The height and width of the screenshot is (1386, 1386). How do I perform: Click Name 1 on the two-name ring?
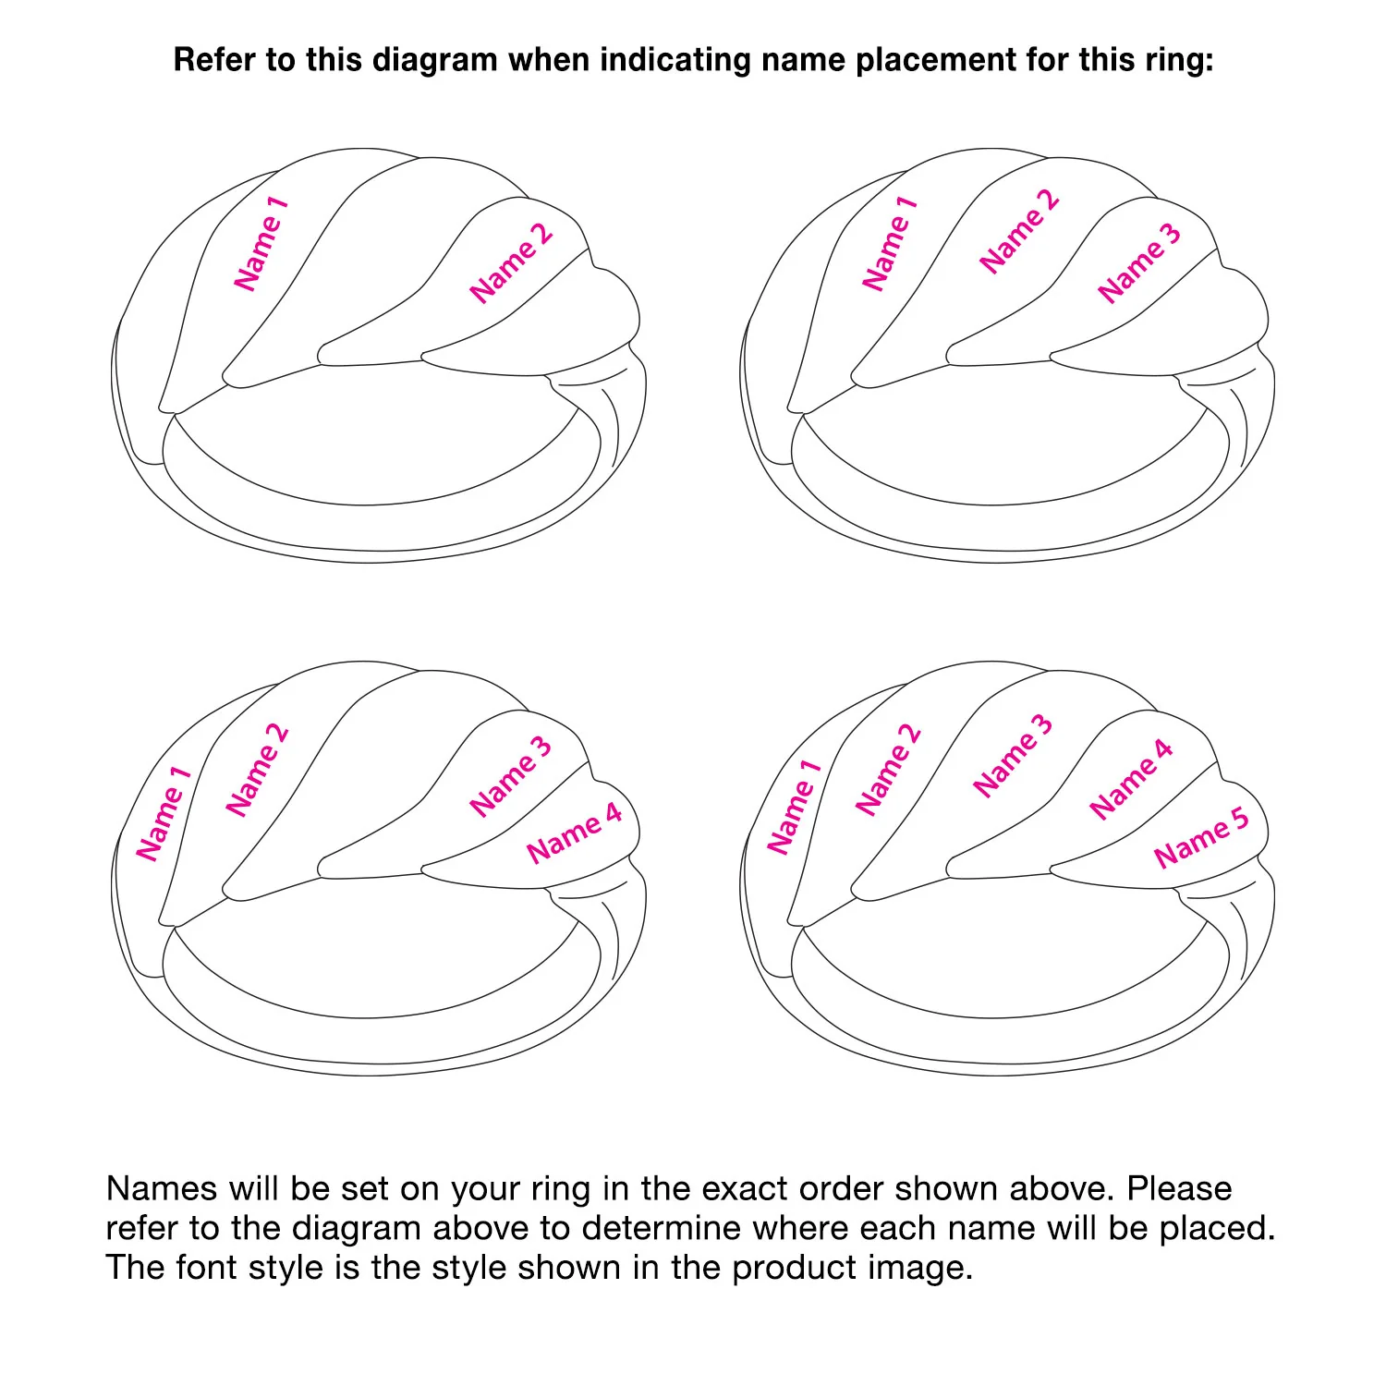tap(261, 243)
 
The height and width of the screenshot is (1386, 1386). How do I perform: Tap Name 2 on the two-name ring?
tap(511, 262)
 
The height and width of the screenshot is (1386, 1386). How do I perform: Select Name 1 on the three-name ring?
tap(890, 243)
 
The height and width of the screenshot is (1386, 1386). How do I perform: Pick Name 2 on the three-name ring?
tap(1019, 231)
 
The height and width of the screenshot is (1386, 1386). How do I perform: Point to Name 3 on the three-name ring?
tap(1139, 263)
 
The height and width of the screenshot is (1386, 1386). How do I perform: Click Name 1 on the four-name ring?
tap(164, 813)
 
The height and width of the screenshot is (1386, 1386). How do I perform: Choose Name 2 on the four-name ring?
tap(258, 771)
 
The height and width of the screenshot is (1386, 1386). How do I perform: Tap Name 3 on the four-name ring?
tap(511, 776)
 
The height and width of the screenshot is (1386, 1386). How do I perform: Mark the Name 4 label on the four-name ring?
tap(575, 833)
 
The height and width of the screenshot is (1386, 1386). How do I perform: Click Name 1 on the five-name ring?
tap(794, 807)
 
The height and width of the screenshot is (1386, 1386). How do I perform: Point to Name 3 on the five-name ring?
tap(1013, 756)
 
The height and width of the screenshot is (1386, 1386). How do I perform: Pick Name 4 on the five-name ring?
tap(1131, 779)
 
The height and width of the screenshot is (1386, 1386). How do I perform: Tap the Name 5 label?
tap(1202, 837)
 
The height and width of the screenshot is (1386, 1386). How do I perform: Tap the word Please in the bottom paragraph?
tap(1180, 1188)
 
